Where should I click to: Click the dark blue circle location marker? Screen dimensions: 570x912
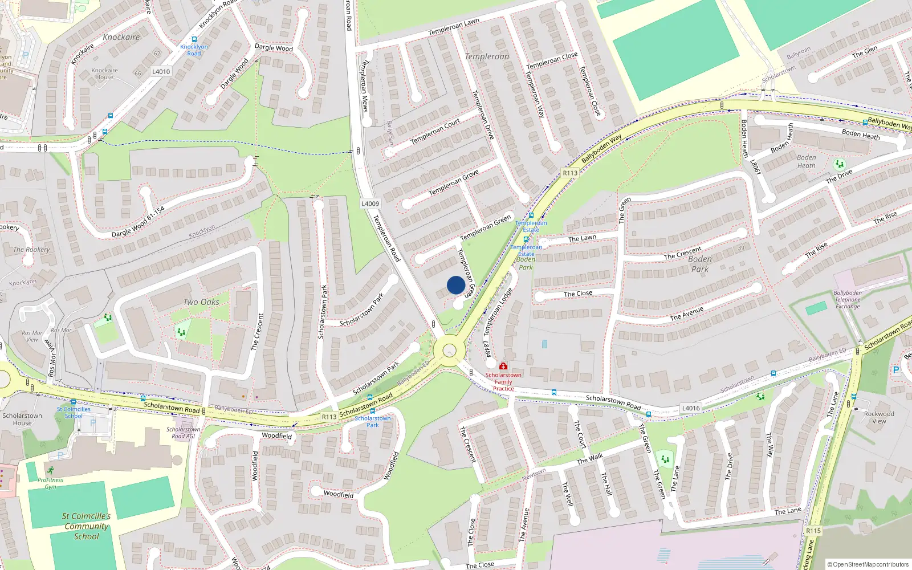tap(455, 285)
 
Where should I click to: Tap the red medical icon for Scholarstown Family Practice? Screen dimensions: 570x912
tap(503, 367)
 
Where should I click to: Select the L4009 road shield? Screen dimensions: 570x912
tap(370, 203)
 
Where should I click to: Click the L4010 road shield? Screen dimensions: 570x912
tap(161, 72)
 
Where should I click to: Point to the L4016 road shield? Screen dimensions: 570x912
tap(691, 408)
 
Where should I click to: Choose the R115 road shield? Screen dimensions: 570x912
tap(813, 531)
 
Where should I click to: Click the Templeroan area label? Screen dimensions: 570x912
tap(487, 56)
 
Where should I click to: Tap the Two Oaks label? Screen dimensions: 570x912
tap(201, 302)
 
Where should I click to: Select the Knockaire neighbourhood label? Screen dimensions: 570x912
tap(121, 37)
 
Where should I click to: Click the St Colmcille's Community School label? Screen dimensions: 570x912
tap(86, 526)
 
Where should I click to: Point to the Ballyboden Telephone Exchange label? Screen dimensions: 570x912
tap(848, 300)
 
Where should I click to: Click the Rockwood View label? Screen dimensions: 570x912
tap(879, 418)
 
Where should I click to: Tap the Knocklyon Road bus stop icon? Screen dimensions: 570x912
tap(194, 39)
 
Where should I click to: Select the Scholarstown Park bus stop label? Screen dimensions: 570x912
tap(373, 421)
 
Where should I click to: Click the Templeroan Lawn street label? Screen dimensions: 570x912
tap(454, 27)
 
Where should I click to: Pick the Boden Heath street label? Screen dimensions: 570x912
tap(861, 135)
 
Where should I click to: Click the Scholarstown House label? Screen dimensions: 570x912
tap(22, 419)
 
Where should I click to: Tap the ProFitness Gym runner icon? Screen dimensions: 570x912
tap(51, 470)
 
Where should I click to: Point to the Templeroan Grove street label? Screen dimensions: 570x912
tap(453, 184)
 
